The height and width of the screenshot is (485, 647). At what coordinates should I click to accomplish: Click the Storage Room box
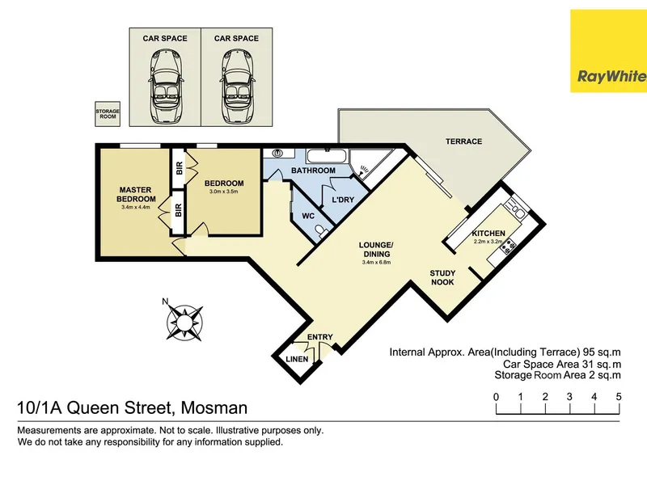pyautogui.click(x=108, y=114)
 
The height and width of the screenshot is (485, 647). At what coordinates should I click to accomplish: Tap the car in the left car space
pyautogui.click(x=165, y=86)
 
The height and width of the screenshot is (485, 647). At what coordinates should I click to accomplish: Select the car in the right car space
pyautogui.click(x=236, y=86)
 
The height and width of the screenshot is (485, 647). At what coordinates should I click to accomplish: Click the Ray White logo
pyautogui.click(x=609, y=51)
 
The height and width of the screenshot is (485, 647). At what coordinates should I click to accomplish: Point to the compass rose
pyautogui.click(x=184, y=321)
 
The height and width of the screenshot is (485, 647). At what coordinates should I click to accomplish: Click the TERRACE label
pyautogui.click(x=463, y=141)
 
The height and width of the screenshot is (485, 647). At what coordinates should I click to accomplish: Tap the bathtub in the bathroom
pyautogui.click(x=328, y=156)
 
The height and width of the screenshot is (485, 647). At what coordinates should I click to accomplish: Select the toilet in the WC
pyautogui.click(x=322, y=231)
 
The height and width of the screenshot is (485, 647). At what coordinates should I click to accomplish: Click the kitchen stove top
pyautogui.click(x=508, y=246)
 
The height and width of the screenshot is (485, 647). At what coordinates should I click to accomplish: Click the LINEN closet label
pyautogui.click(x=297, y=359)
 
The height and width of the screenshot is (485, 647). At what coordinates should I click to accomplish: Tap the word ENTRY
pyautogui.click(x=319, y=337)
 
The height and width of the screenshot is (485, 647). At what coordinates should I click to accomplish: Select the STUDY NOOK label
pyautogui.click(x=442, y=277)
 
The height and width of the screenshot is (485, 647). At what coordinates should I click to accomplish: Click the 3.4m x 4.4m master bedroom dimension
pyautogui.click(x=135, y=207)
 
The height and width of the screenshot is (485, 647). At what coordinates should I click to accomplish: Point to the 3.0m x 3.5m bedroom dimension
pyautogui.click(x=224, y=192)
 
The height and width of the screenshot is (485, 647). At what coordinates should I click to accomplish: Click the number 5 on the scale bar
pyautogui.click(x=619, y=397)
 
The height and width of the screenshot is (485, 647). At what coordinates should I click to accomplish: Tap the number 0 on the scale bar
pyautogui.click(x=496, y=397)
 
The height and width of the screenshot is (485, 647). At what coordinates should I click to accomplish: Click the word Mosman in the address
pyautogui.click(x=214, y=408)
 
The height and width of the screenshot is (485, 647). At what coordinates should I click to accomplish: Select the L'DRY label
pyautogui.click(x=343, y=200)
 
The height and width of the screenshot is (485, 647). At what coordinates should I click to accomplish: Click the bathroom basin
pyautogui.click(x=277, y=153)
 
